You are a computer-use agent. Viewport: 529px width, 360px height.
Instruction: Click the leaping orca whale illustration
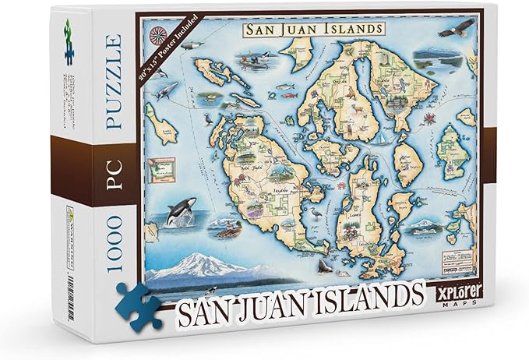[x=180, y=213]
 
